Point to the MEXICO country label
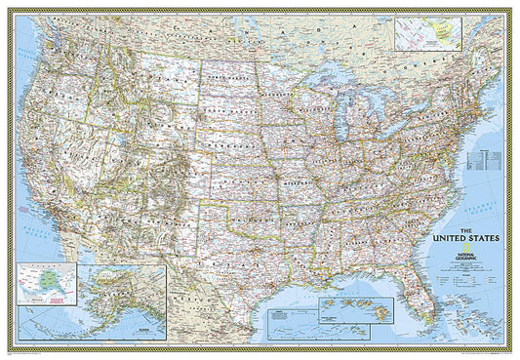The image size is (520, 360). (210, 312)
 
